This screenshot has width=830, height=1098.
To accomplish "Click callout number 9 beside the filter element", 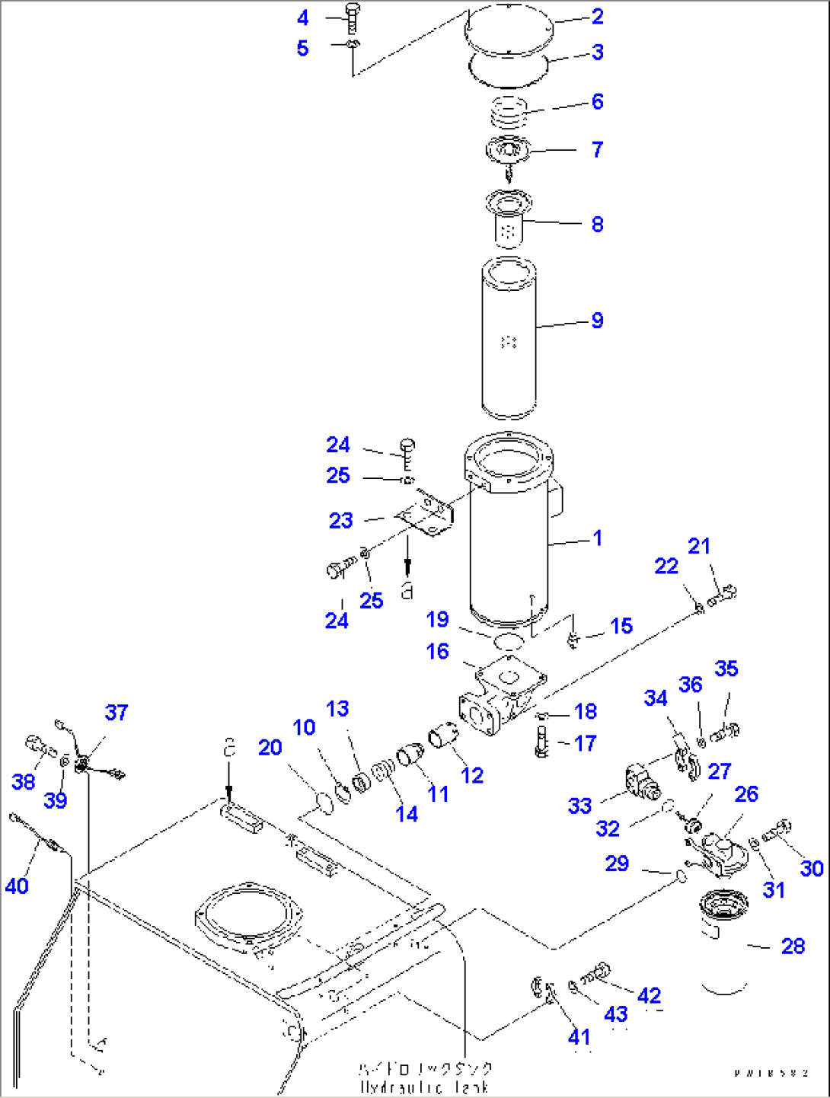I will coord(597,321).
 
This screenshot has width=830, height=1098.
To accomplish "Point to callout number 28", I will coord(793,946).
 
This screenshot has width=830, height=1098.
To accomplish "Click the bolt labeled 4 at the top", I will coord(351,18).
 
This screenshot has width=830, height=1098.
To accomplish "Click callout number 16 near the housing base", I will coord(438,651).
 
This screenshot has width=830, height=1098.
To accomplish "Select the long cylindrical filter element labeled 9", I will coord(509,339).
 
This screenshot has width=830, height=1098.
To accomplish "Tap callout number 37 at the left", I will coord(117,713).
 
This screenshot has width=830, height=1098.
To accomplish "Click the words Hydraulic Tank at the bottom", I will coord(425,1087).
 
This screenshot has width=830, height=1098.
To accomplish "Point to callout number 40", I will coord(17,886).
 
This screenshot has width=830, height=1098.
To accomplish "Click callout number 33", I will coord(579,806).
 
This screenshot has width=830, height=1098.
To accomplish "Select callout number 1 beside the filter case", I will coord(597,538).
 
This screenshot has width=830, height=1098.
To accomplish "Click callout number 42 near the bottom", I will coord(649,995).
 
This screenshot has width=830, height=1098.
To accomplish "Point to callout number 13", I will coord(337,709).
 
